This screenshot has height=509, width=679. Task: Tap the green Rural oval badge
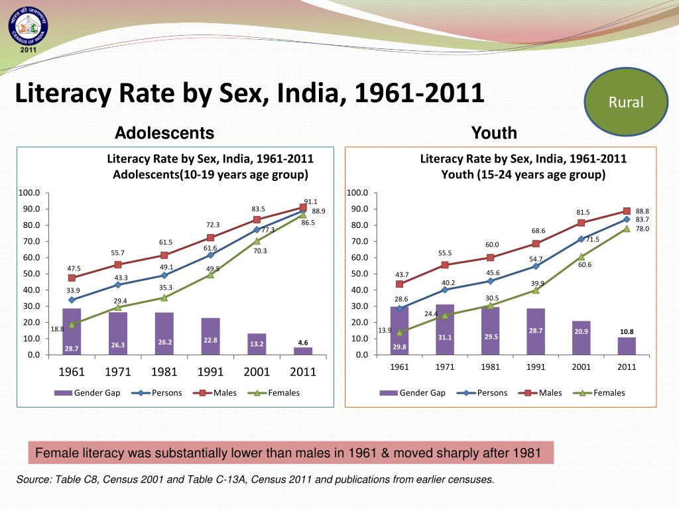click(626, 102)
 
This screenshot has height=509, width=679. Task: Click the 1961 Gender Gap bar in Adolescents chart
click(72, 331)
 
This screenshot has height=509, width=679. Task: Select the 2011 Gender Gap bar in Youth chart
click(627, 346)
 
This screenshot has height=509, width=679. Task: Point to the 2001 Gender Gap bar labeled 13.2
click(257, 344)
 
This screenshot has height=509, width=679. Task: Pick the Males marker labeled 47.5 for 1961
click(72, 278)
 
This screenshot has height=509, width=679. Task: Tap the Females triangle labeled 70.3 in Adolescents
click(257, 241)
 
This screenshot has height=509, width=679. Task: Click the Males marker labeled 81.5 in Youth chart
click(581, 223)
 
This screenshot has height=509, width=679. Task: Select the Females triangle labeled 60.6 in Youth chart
click(581, 256)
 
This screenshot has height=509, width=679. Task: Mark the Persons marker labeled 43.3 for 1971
click(118, 284)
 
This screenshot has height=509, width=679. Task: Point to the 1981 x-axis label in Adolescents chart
click(164, 372)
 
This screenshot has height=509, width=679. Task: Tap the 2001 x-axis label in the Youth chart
click(581, 367)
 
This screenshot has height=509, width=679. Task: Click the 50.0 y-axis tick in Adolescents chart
click(29, 274)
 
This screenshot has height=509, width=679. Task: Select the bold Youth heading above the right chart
click(494, 133)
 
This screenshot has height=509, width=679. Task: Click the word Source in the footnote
click(33, 479)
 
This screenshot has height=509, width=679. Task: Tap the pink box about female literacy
click(290, 453)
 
